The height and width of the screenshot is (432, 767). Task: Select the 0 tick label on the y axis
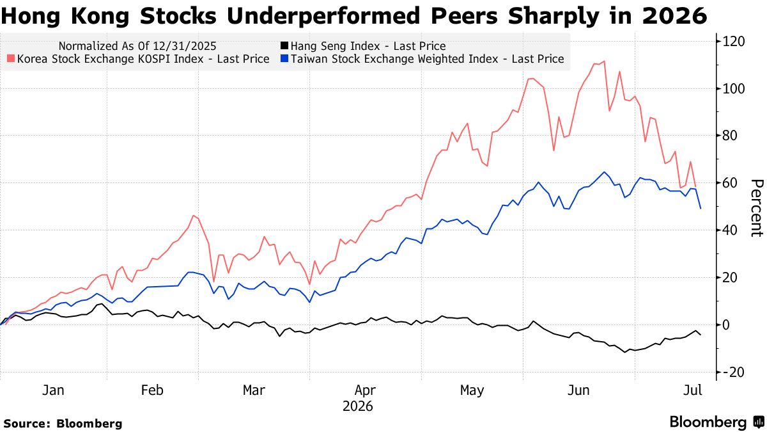pos(726,324)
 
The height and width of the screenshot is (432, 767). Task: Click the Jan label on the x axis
pos(53,390)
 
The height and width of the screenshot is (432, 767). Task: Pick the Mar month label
pos(254,390)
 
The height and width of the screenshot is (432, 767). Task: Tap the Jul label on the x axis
pos(693,390)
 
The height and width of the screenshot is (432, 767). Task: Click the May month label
pos(472,390)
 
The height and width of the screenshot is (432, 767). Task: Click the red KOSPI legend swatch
pos(11,59)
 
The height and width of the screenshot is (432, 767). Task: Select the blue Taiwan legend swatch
pos(284,59)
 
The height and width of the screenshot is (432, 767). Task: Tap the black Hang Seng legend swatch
pos(284,45)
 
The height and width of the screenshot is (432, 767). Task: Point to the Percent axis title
pos(757,208)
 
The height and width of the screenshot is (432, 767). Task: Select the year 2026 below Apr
pos(358,406)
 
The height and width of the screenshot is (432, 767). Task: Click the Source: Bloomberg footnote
pos(63,424)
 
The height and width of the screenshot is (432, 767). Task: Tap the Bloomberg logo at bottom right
pos(717,422)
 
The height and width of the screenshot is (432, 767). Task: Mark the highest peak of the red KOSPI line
pos(604,61)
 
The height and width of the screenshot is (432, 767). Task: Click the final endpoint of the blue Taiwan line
pos(701,209)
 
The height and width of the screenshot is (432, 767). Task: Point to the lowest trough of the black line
pos(625,352)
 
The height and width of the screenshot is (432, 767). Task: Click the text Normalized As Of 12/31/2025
pos(137,46)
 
